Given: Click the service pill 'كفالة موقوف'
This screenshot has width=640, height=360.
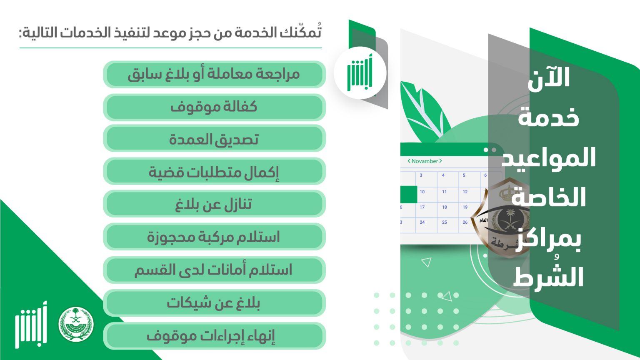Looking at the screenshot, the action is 214,107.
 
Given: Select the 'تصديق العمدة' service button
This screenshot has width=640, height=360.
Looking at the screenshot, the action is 214,140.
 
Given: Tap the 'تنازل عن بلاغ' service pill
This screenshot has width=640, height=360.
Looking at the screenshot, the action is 214,204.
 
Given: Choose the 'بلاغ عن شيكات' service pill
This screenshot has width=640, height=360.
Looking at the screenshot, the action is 214,302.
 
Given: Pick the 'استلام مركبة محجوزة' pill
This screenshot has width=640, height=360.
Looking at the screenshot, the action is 214,237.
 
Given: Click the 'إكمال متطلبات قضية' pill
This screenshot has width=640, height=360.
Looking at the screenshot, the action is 214,171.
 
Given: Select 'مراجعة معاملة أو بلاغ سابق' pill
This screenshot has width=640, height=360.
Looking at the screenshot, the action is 214,74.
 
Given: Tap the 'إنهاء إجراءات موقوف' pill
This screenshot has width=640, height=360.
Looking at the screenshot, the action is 214,336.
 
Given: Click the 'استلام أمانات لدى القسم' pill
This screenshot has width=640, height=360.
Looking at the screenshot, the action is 214,270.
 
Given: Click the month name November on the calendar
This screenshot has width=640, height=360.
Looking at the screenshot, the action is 425,161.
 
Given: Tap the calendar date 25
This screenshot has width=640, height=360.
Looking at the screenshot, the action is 444,222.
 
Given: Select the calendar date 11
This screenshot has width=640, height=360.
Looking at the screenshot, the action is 444,192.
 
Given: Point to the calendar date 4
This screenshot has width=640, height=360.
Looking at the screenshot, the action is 443,175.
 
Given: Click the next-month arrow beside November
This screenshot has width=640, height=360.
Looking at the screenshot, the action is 440,161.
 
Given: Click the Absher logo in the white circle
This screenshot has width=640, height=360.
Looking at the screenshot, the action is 360,72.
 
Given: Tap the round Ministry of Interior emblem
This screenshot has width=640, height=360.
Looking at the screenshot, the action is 76,324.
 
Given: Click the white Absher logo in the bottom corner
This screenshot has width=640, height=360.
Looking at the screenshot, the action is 31,325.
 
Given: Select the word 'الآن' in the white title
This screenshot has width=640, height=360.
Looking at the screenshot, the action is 549,78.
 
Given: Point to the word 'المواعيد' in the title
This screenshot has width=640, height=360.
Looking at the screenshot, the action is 549,158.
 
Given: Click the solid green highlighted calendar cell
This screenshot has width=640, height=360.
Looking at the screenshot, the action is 409,195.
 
